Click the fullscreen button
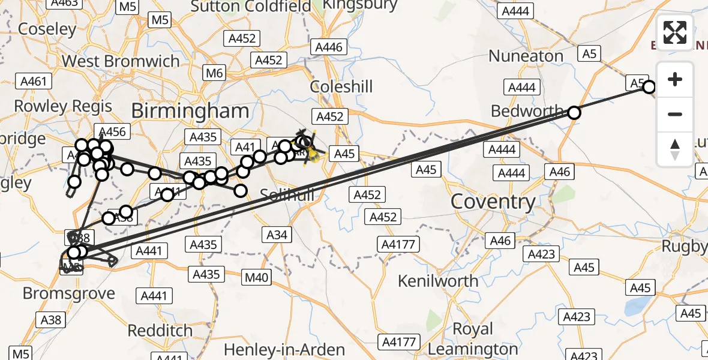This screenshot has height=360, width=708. tap(675, 32)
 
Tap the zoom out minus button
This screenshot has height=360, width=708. tap(675, 114)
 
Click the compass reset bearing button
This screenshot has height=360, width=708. tap(675, 148)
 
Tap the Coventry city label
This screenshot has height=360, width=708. tap(493, 202)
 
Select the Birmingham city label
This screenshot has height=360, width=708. tap(190, 111)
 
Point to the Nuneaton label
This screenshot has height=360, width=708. tap(526, 56)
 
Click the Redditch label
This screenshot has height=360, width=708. tap(160, 331)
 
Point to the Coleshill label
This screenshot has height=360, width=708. tap(341, 87)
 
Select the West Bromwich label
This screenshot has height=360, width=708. tap(121, 61)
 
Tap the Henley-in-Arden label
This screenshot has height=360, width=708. tap(284, 350)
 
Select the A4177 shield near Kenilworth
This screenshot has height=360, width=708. tap(399, 244)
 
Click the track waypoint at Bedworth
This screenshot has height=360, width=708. tap(574, 113)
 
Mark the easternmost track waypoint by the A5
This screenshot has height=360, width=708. tap(649, 88)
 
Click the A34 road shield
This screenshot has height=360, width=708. tap(277, 235)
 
